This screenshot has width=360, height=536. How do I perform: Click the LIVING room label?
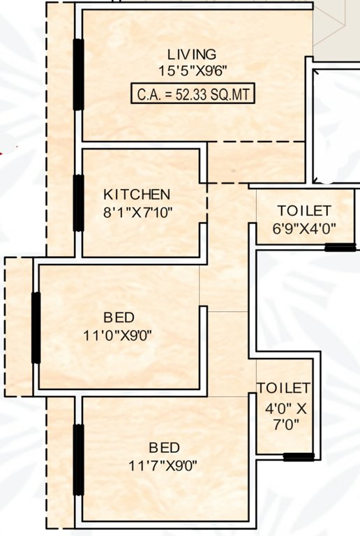coord(191,54)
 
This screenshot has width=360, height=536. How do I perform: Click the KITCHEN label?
coord(137,193)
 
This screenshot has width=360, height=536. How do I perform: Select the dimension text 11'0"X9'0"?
coord(117,335)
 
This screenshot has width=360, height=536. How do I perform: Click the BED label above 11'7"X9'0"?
coord(164,447)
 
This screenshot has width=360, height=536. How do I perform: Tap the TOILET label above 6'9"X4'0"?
coord(304,211)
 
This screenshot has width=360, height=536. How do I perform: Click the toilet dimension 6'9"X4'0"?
coord(304,227)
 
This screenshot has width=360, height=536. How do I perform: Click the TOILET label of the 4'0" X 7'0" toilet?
coord(283,388)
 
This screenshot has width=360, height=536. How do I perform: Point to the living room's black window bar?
coord(78,74)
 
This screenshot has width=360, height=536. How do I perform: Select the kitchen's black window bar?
coord(78,203)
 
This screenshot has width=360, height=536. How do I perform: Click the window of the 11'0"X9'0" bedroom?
coord(36,327)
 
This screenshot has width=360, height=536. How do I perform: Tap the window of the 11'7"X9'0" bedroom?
coord(78,460)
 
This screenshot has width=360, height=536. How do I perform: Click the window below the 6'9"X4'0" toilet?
coord(340,247)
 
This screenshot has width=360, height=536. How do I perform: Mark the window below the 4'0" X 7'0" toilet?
coord(298,458)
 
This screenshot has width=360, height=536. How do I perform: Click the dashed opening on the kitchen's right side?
coord(207,204)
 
